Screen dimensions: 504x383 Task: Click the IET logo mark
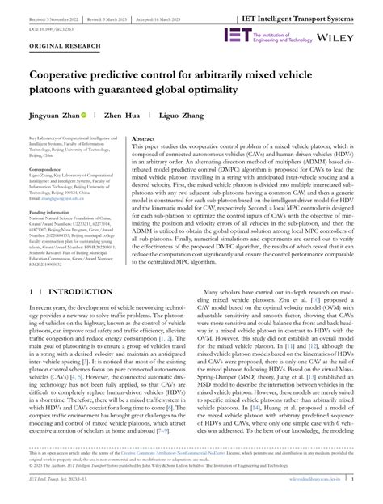pos(237,36)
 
